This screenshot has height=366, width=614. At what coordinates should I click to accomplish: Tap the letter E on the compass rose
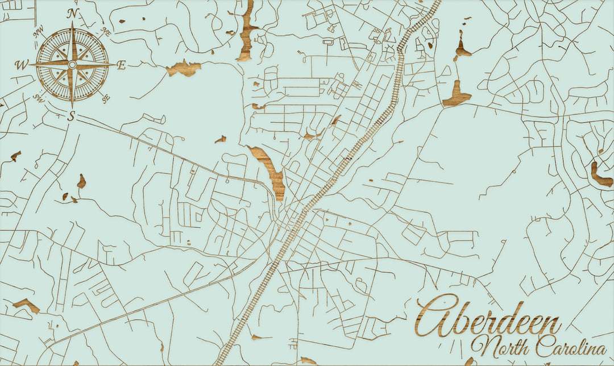(x=121, y=65)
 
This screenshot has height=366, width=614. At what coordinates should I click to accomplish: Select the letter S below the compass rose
(x=72, y=117)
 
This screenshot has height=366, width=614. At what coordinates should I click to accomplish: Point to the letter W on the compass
(x=22, y=65)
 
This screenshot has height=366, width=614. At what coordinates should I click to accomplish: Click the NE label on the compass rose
(x=106, y=32)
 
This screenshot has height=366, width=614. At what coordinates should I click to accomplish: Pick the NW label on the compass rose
(x=39, y=33)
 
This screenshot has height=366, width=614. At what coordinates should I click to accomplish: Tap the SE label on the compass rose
(x=106, y=98)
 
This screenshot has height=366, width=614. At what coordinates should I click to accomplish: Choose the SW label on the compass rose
(x=39, y=98)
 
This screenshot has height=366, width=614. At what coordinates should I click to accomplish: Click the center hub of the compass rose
(x=72, y=65)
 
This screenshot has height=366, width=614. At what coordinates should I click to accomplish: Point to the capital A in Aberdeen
(x=435, y=317)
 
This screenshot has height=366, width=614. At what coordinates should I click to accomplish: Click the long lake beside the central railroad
(x=272, y=171)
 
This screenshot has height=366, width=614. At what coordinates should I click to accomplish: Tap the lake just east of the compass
(x=184, y=68)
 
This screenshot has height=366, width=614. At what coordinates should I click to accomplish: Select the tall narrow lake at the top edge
(x=247, y=31)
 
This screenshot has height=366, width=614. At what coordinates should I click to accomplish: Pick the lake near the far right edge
(x=601, y=176)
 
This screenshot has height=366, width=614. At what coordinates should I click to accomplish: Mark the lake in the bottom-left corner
(x=26, y=306)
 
